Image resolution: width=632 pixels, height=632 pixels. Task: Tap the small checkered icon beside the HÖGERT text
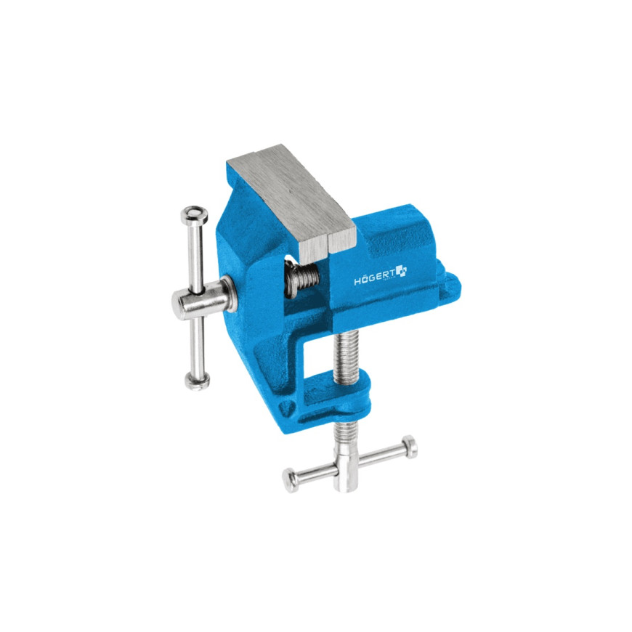(x=400, y=272)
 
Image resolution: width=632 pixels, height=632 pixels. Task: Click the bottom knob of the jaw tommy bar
(x=197, y=378)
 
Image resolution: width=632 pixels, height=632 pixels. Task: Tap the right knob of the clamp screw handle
(x=410, y=447)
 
